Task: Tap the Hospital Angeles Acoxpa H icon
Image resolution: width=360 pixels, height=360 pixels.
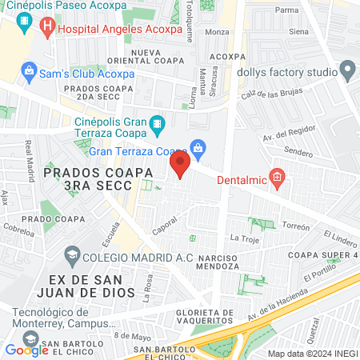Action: (x=47, y=26)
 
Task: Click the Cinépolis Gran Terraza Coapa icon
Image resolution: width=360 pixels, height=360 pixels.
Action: (x=158, y=125)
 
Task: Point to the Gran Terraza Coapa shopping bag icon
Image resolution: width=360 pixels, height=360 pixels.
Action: (x=198, y=147)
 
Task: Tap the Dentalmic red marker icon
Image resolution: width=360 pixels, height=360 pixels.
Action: (x=277, y=177)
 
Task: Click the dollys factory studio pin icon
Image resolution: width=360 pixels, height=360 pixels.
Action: (x=347, y=72)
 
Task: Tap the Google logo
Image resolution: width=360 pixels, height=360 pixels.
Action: (x=26, y=350)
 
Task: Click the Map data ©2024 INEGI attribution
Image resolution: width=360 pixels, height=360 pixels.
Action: (x=312, y=353)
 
